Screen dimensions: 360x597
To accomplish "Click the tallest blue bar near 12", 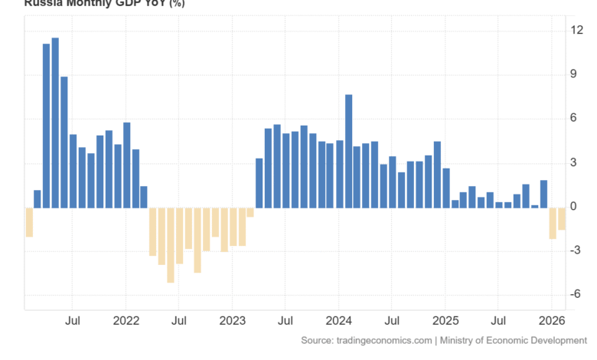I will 55,123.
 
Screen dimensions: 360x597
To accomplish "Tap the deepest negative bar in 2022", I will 171,245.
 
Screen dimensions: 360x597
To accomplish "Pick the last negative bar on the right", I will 561,218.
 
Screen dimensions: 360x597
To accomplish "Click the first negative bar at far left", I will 29,222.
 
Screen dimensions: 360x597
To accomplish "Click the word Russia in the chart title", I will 41,3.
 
